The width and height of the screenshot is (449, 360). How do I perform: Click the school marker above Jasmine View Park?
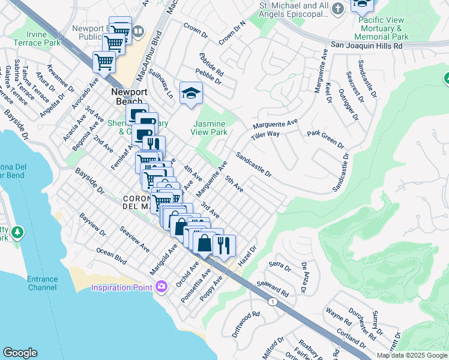(191, 94)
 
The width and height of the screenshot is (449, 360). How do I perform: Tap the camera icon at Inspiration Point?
(160, 287)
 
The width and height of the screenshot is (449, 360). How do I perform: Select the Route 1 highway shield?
(273, 301)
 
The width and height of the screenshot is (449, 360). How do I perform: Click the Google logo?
(20, 353)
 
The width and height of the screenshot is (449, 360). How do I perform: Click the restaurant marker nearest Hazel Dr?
(224, 245)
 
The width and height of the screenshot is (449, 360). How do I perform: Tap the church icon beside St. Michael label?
(338, 8)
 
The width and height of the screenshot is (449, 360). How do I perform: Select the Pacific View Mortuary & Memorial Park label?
(383, 28)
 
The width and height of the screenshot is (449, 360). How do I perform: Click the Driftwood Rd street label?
(246, 323)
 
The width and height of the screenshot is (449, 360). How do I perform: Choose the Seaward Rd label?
(274, 287)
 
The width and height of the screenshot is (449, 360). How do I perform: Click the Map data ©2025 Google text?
(412, 355)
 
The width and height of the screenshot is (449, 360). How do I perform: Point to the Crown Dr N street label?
(233, 34)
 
